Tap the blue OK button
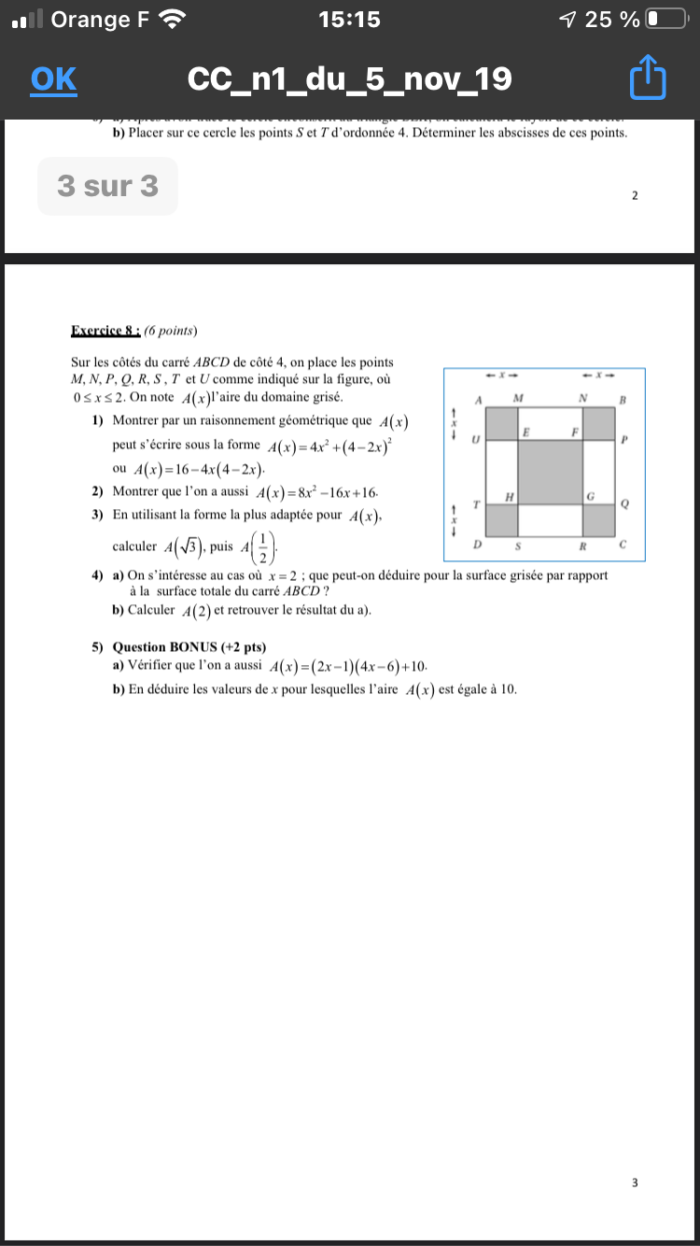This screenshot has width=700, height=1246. pos(53,79)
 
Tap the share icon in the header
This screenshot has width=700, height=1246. pos(649,79)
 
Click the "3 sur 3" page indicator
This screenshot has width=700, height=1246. pos(107,186)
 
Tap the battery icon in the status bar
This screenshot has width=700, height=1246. pos(665,19)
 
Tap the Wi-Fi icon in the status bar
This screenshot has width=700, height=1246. pos(173,19)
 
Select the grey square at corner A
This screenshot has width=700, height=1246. pos(503,423)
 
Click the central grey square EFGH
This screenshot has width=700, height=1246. pos(552,472)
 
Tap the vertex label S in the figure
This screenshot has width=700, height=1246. pos(518,544)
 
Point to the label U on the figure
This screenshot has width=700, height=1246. pos(476,438)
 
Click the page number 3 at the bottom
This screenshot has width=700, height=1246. pos(635,1182)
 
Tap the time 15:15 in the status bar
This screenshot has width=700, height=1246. pos(349,19)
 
